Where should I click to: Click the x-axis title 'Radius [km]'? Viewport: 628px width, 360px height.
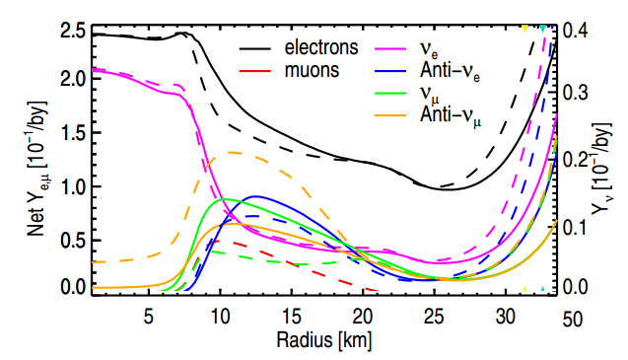pyautogui.click(x=321, y=339)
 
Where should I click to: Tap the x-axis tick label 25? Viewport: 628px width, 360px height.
pyautogui.click(x=434, y=317)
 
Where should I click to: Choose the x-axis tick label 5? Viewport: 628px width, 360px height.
pyautogui.click(x=149, y=317)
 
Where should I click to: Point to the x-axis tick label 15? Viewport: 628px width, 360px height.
pyautogui.click(x=292, y=317)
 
